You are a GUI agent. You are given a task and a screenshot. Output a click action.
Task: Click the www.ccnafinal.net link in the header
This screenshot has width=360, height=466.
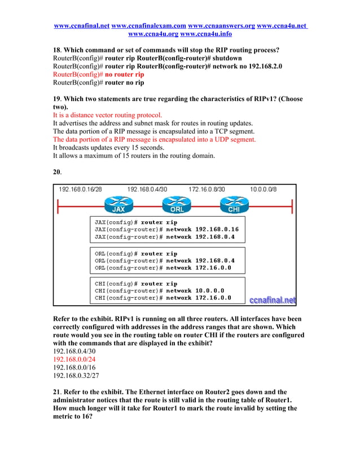(x=81, y=26)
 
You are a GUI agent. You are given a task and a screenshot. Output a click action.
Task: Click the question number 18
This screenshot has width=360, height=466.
(x=56, y=50)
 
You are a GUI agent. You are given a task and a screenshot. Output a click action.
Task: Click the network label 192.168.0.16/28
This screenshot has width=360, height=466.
(x=81, y=190)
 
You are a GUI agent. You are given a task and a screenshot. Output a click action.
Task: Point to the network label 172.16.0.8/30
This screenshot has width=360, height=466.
(x=207, y=190)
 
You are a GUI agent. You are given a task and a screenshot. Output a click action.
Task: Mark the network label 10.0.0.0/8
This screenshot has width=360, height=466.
(x=264, y=190)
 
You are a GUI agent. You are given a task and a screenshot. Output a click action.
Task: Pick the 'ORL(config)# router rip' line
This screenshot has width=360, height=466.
(x=135, y=253)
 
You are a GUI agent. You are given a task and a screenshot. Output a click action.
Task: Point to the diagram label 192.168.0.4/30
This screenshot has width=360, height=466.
(x=147, y=190)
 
